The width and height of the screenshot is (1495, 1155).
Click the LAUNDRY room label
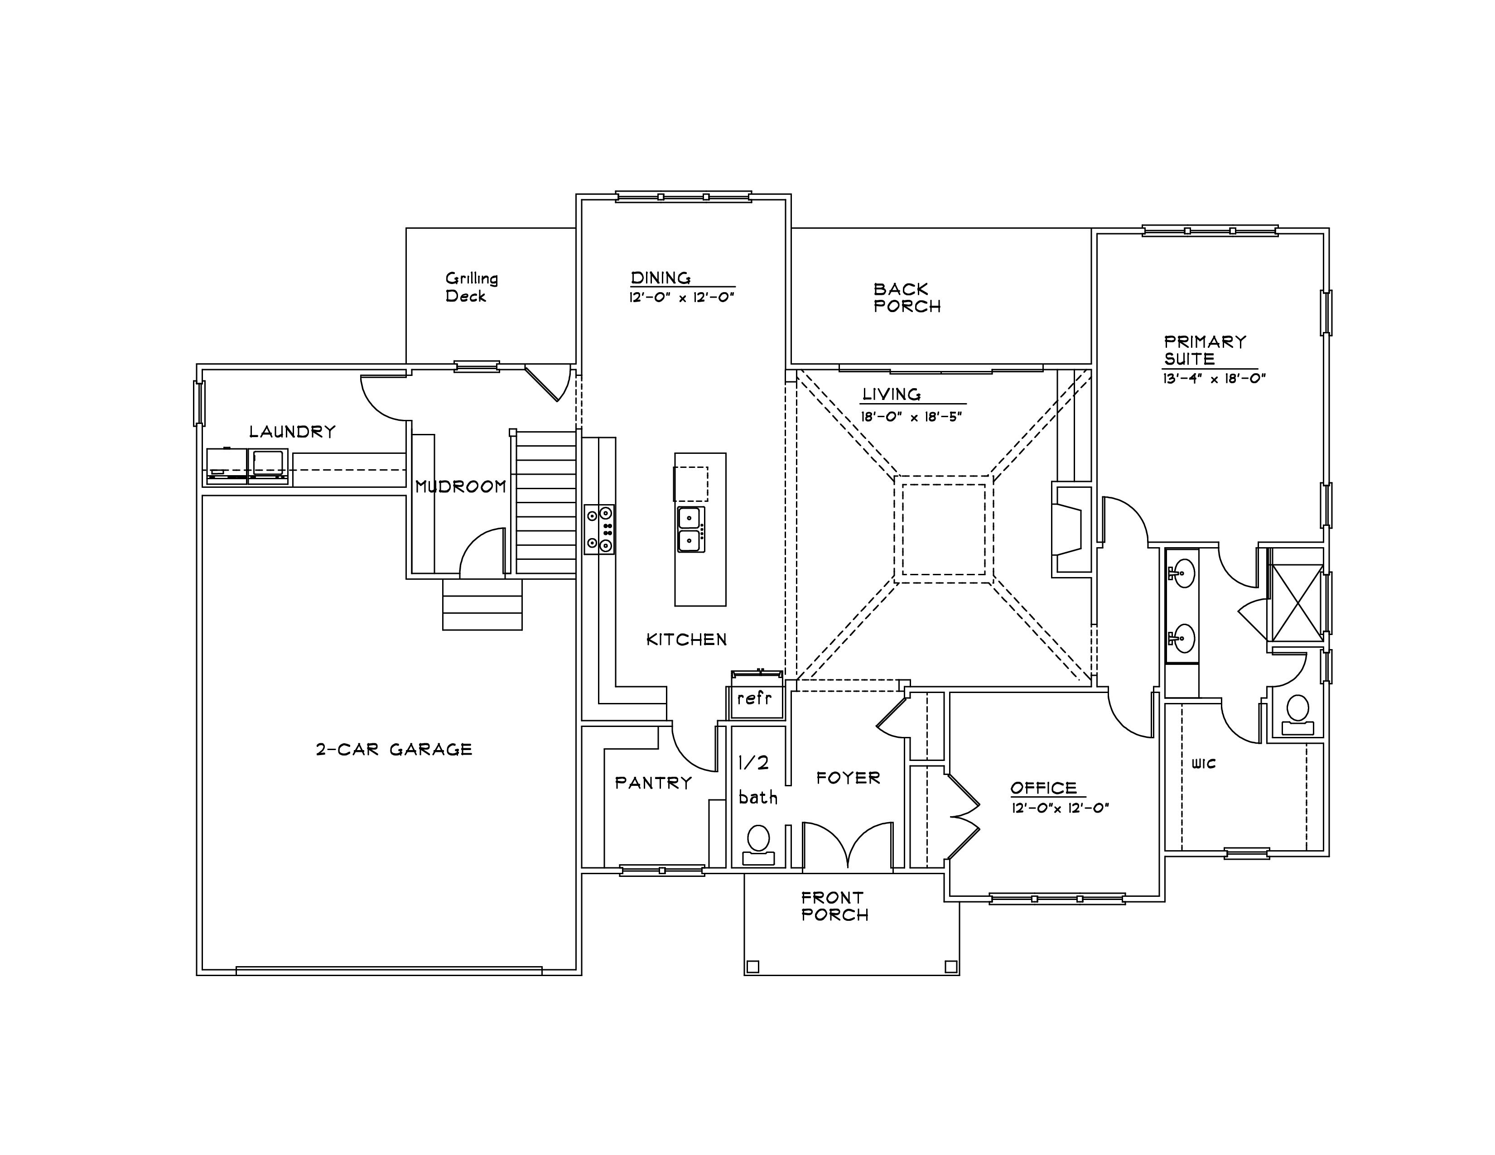click(292, 432)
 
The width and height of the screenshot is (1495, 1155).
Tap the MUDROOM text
click(461, 486)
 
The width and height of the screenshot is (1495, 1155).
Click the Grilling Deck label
click(472, 287)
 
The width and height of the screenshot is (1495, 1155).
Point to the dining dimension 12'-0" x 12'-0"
click(682, 298)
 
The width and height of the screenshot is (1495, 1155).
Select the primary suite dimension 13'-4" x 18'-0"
click(1214, 378)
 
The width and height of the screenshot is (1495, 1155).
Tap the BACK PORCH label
click(907, 298)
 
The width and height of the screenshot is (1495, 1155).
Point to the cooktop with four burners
click(599, 529)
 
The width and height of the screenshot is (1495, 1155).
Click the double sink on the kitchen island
click(690, 529)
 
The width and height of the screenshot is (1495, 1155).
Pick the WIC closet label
click(1203, 764)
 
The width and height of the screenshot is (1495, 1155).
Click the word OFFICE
click(1044, 788)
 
